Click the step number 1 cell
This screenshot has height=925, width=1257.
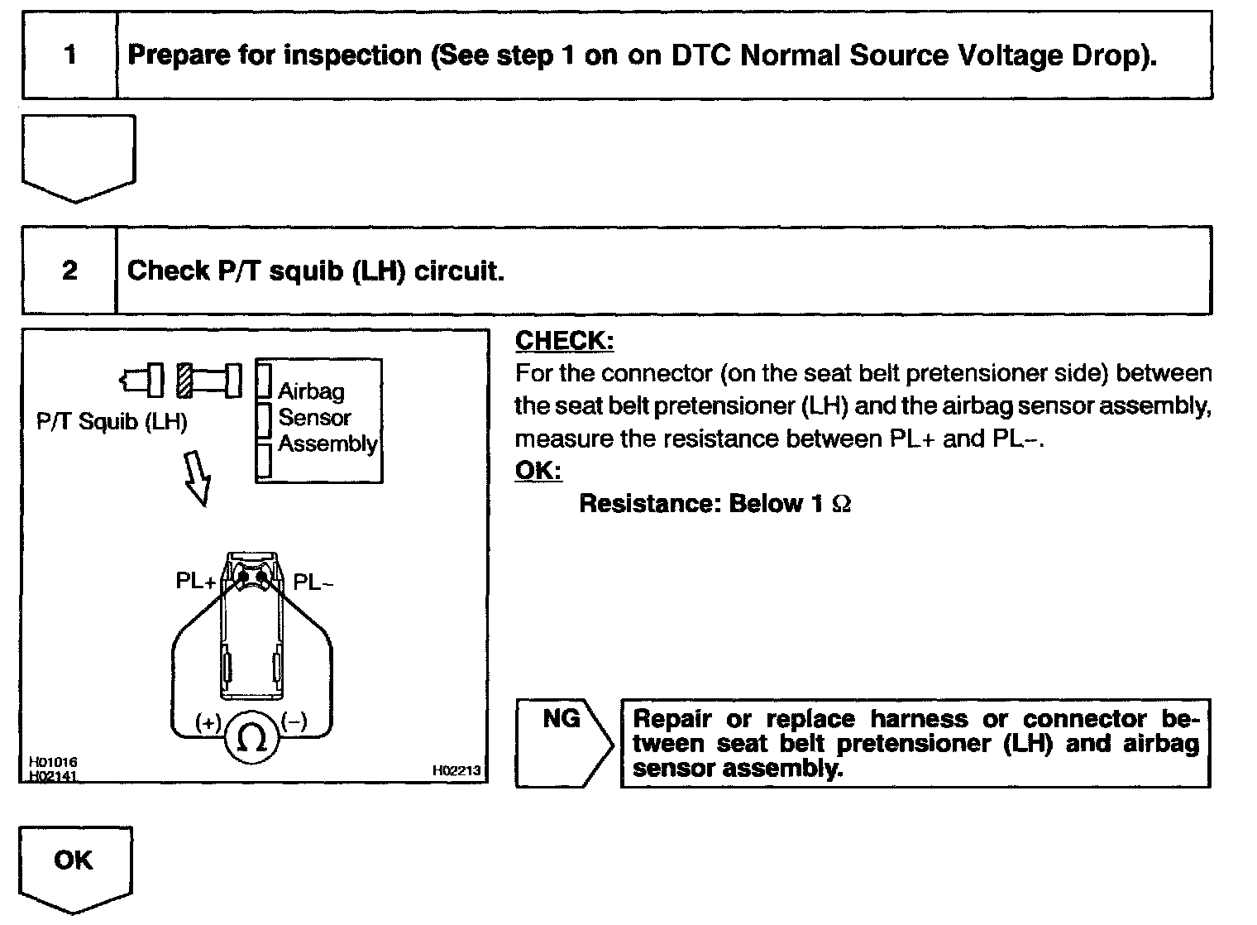pos(70,55)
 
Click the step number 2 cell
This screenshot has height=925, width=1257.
pos(69,271)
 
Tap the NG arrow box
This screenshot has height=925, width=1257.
pos(563,741)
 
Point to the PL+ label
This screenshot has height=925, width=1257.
pos(195,582)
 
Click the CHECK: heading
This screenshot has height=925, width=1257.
pos(564,341)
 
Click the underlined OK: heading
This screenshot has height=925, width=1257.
pos(538,471)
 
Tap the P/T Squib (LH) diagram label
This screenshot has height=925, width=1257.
pos(112,422)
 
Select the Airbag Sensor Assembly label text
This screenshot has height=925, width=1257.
pos(326,418)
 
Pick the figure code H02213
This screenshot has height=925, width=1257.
pos(456,770)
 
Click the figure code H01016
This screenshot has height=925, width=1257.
pos(53,761)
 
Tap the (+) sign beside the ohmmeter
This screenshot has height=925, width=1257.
pos(208,722)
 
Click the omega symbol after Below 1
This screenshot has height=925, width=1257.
pos(841,504)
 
